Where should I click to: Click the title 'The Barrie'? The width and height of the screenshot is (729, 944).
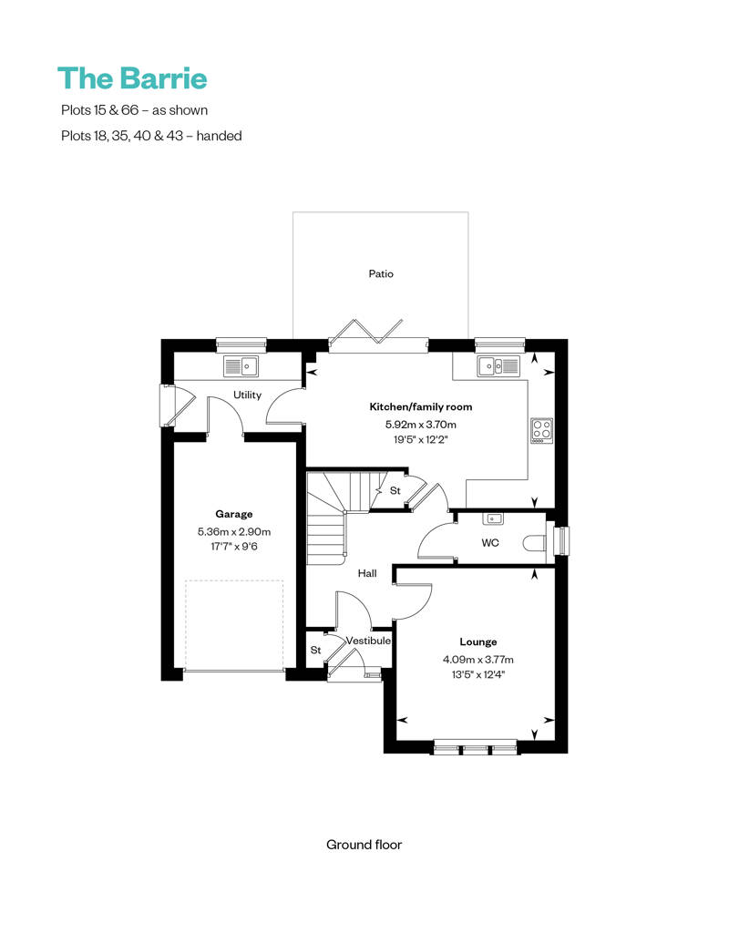[132, 78]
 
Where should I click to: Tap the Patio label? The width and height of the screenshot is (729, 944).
[381, 274]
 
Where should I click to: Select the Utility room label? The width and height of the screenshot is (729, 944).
[248, 395]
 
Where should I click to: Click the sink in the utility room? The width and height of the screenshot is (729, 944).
[241, 366]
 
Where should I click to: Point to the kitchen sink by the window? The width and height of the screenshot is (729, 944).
[498, 366]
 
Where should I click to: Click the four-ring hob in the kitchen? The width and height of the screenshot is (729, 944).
[542, 431]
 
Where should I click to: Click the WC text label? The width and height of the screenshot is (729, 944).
[490, 543]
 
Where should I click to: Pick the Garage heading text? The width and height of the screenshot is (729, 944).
[234, 514]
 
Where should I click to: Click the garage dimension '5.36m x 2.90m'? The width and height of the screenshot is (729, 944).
[234, 531]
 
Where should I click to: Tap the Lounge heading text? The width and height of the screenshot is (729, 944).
[478, 642]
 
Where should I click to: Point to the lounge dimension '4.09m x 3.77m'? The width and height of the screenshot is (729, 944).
[478, 660]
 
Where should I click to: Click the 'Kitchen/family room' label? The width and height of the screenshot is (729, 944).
[421, 407]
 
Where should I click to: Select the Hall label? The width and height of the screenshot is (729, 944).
[367, 574]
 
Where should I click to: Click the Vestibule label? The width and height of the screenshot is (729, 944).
[368, 641]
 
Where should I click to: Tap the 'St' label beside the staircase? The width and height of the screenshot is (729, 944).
[395, 490]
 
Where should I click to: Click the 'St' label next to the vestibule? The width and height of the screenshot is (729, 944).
[315, 651]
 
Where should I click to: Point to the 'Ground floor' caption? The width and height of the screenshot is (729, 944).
[364, 845]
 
